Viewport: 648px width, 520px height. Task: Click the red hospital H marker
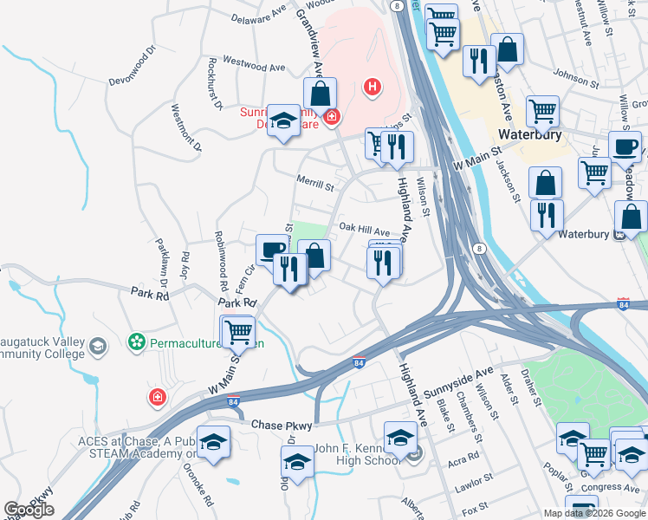tap(373, 87)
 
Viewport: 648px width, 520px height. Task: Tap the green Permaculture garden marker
tap(136, 342)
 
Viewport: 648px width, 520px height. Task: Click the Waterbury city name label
tap(530, 135)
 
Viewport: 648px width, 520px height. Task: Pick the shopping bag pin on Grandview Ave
tap(320, 94)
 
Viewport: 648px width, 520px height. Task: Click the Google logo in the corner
tap(29, 510)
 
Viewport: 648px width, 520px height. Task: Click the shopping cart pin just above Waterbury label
tap(543, 111)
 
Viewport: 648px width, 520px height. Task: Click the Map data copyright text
tap(594, 513)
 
